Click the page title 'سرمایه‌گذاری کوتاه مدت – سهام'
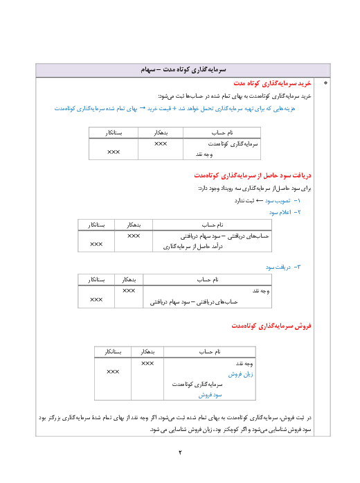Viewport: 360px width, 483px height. (183, 69)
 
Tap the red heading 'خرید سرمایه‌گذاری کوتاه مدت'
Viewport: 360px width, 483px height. (272, 83)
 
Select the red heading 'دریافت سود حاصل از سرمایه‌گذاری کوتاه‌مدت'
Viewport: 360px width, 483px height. (252, 175)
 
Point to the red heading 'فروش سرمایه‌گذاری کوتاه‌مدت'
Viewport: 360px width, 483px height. (271, 326)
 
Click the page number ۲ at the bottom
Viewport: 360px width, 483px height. (180, 453)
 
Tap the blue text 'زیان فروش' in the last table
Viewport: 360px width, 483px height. (241, 374)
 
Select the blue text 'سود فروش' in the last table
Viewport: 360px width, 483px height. (210, 394)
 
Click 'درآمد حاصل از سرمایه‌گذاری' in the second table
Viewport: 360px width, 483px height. (192, 247)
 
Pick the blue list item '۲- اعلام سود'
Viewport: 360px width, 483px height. (285, 212)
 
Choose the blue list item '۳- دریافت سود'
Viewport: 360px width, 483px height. (283, 267)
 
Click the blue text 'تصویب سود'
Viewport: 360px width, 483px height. (278, 201)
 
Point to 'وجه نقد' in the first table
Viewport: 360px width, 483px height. (204, 155)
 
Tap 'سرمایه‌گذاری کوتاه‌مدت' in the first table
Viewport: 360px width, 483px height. (233, 144)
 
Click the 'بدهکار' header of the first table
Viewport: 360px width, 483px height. (161, 133)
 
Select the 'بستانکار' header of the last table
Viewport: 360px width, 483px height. (113, 352)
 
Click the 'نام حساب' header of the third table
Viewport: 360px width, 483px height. (208, 280)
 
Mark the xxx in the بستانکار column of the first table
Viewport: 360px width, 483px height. (114, 152)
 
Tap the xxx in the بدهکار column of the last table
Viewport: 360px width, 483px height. (147, 364)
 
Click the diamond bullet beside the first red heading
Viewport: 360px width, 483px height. (325, 83)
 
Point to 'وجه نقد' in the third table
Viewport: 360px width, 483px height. (261, 291)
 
